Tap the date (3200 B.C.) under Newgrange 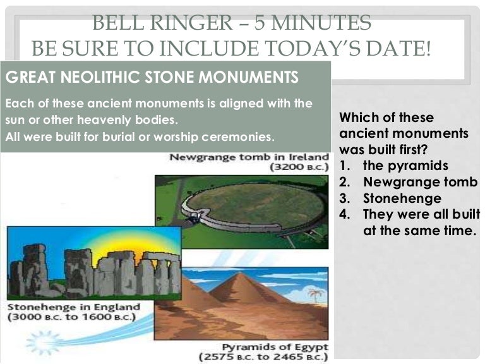pos(299,167)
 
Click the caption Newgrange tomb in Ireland pos(249,157)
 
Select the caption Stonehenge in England pos(74,307)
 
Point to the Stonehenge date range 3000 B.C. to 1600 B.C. pos(72,317)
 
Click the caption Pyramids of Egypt pos(275,347)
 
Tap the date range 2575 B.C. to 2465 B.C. pos(263,357)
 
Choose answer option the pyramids pos(405,166)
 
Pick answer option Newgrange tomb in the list pos(421,182)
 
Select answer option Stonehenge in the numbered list pos(402,198)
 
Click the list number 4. pos(344,214)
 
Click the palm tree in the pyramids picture pos(315,294)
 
